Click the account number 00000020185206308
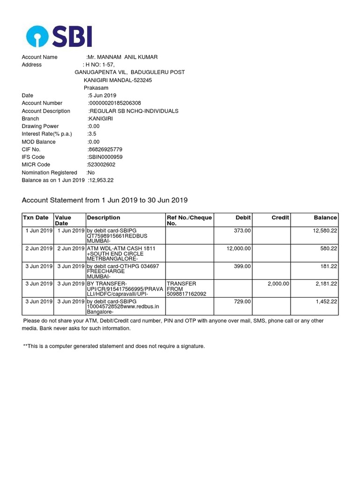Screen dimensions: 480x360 [x=115, y=103]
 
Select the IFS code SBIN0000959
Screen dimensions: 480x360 [x=105, y=157]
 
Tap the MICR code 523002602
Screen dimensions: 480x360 [x=101, y=165]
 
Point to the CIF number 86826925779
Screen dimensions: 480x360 [x=105, y=150]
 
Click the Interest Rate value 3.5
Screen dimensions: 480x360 [x=92, y=134]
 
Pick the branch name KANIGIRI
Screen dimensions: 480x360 [x=100, y=119]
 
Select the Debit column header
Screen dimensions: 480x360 [x=243, y=217]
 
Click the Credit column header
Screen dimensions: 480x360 [x=280, y=217]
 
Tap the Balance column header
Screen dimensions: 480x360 [x=325, y=217]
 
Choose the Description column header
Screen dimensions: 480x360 [x=104, y=217]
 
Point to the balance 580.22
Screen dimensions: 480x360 [x=329, y=248]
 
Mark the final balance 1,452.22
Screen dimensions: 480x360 [x=326, y=301]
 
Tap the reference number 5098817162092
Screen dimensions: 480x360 [x=187, y=294]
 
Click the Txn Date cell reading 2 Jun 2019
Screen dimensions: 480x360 [x=38, y=248]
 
